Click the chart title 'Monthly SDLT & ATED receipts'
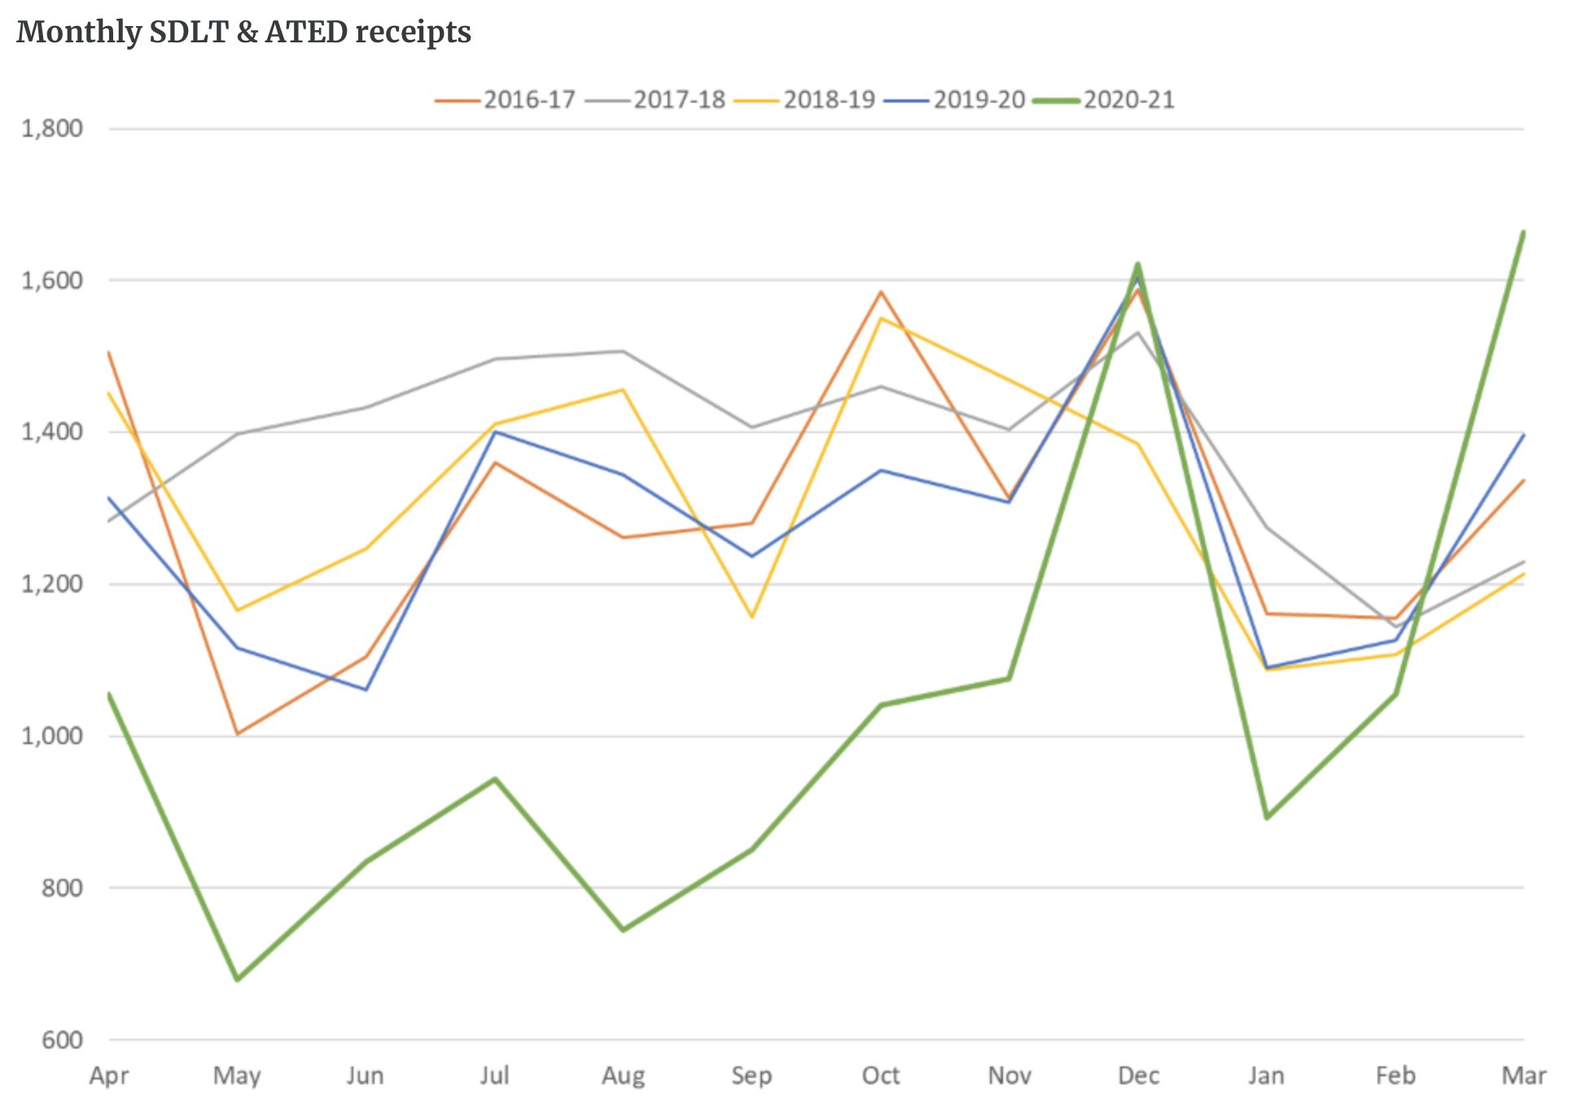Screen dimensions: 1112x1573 click(x=243, y=33)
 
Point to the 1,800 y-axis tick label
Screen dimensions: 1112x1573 click(x=52, y=129)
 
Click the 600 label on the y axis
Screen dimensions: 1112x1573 click(x=62, y=1040)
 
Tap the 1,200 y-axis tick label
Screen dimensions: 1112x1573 click(x=52, y=584)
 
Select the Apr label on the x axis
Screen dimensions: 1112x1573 click(x=109, y=1075)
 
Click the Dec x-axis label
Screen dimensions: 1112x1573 click(x=1138, y=1075)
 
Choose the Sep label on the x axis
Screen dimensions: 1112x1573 click(x=751, y=1075)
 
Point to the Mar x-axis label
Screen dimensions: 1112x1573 click(x=1523, y=1075)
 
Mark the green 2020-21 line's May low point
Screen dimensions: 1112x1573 click(x=237, y=979)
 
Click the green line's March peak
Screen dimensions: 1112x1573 click(x=1523, y=232)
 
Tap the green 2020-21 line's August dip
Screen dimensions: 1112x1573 click(x=623, y=930)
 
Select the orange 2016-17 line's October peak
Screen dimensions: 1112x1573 click(x=881, y=291)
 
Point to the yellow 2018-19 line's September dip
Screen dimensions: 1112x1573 click(x=751, y=617)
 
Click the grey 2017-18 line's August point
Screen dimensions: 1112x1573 click(x=623, y=352)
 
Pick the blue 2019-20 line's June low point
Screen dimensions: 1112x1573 click(x=366, y=690)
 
